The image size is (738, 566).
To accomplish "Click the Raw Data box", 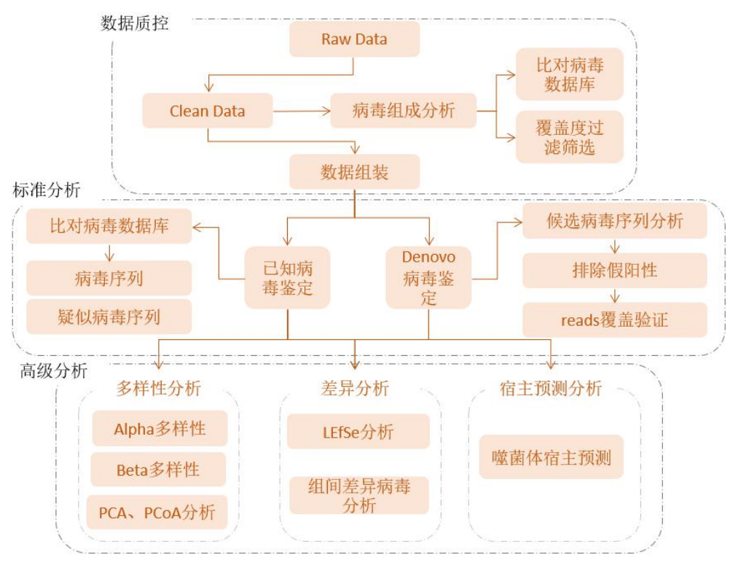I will point(354,39).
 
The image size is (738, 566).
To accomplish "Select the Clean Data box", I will point(208,112).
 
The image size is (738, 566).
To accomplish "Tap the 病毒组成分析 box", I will point(404,112).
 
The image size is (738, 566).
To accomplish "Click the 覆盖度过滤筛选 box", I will point(570,137).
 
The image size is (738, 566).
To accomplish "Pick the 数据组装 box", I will point(354,172).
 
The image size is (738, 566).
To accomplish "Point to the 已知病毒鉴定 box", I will point(288,277).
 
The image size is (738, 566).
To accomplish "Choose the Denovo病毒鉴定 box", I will point(428,277).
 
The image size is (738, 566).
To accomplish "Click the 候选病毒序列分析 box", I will point(615,221).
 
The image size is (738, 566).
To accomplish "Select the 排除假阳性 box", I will point(615,271).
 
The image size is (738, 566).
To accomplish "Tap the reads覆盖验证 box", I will point(615,320).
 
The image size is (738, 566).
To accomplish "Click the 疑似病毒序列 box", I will point(109,317).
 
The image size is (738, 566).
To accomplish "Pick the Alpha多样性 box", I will point(160,429).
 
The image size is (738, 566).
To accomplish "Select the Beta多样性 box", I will point(158,470).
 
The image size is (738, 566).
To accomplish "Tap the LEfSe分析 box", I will point(358,432).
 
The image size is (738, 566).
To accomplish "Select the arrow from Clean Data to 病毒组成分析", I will point(302,112).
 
